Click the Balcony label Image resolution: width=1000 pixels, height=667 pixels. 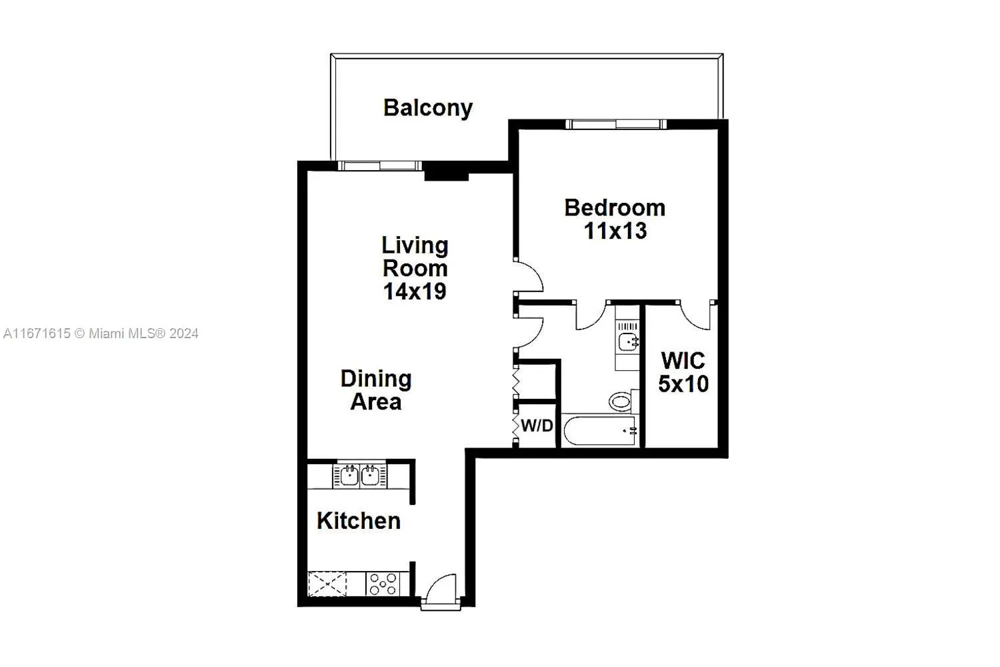[427, 107]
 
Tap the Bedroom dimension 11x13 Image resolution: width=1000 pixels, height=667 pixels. [615, 231]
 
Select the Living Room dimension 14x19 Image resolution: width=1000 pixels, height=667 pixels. [414, 291]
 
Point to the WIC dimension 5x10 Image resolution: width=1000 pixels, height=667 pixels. [683, 384]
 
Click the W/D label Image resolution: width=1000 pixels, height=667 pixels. [537, 426]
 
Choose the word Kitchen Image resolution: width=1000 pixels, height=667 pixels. [359, 521]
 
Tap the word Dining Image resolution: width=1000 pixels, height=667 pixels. [376, 379]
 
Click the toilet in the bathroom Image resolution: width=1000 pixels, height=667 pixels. [621, 402]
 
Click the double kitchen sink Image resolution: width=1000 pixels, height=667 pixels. [360, 476]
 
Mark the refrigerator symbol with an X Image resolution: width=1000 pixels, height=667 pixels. [327, 584]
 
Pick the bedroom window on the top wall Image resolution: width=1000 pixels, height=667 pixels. [615, 124]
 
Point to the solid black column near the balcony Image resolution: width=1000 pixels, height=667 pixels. [447, 173]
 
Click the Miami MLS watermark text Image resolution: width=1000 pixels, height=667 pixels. [101, 333]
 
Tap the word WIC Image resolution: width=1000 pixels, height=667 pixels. [683, 361]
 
